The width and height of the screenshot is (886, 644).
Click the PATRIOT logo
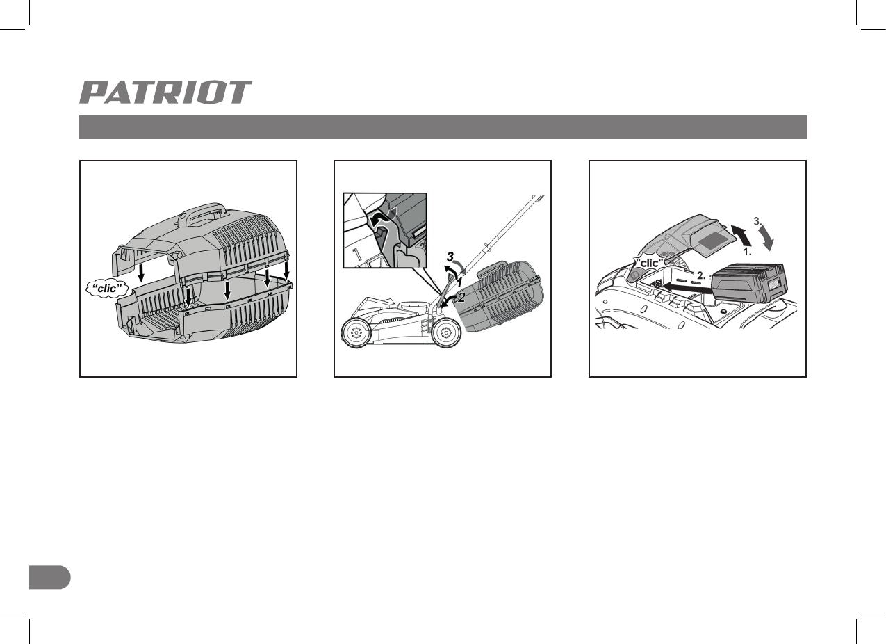165,92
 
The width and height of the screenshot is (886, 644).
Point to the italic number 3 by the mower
450,256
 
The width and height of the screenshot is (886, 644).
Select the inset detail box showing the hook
385,230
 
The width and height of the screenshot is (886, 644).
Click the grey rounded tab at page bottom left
50,577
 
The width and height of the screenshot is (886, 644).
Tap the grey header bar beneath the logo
443,127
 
